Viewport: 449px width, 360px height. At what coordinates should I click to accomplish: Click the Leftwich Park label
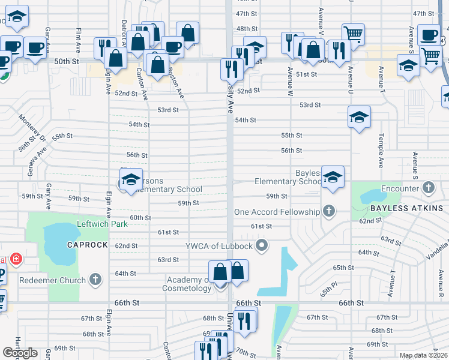point(103,224)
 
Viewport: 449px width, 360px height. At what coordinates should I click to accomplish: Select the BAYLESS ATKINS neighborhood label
point(406,208)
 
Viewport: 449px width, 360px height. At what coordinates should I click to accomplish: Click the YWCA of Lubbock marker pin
point(261,245)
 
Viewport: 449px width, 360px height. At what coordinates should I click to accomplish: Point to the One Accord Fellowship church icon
point(328,211)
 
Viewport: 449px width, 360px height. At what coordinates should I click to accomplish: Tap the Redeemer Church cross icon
point(95,279)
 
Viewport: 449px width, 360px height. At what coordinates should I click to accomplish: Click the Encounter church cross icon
point(428,188)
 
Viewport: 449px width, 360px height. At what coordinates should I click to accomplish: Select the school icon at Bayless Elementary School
point(333,176)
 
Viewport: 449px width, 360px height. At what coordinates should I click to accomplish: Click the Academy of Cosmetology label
point(187,283)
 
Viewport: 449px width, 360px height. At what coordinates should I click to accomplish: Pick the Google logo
point(20,353)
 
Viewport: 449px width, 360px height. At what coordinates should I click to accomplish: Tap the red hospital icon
point(16,259)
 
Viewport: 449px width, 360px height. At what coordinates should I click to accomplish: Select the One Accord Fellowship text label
point(277,212)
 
